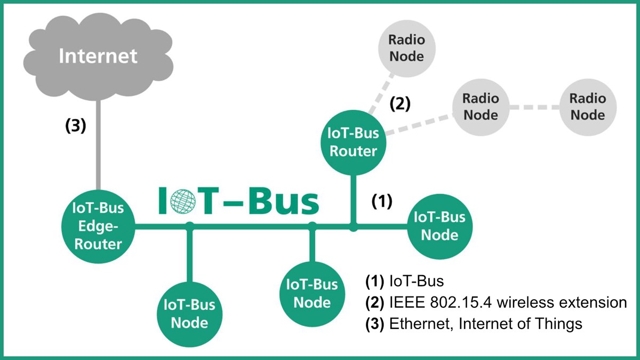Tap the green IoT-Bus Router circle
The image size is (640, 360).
(353, 142)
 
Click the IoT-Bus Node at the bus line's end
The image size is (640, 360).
(439, 226)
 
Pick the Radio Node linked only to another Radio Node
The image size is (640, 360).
(587, 107)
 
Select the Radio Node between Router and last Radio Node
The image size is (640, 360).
(480, 107)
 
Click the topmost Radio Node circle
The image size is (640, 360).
(406, 48)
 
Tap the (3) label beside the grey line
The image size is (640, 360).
(75, 127)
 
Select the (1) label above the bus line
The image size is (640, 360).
(382, 201)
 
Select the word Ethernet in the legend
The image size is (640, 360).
(415, 323)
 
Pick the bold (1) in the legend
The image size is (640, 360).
(374, 281)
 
